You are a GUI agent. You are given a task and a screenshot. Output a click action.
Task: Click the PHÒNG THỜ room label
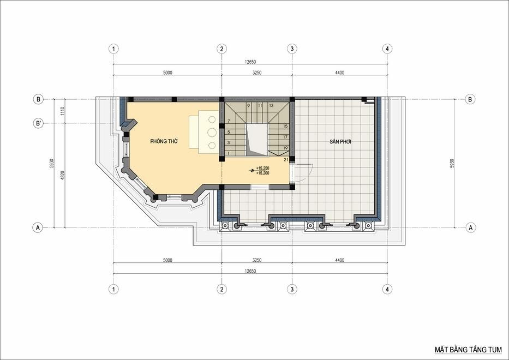[164, 141]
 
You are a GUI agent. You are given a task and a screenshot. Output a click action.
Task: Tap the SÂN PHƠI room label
[340, 141]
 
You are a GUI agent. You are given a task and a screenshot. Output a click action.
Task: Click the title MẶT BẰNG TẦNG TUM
[468, 350]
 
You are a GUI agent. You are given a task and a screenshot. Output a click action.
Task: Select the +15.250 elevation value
[262, 168]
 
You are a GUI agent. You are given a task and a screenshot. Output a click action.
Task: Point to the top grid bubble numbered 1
[113, 49]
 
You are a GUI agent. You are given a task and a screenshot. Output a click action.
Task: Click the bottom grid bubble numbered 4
[387, 289]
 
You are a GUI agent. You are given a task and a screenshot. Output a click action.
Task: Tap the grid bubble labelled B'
[38, 123]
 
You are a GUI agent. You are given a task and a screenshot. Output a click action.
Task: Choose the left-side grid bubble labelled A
[38, 227]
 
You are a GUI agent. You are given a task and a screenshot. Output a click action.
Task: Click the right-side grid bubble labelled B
[470, 99]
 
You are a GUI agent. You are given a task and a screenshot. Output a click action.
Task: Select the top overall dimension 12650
[250, 62]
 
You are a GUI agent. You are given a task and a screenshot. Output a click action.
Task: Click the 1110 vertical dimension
[63, 111]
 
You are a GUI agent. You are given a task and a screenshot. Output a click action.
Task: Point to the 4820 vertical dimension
[63, 176]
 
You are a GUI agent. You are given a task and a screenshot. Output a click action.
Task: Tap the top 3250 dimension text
[257, 73]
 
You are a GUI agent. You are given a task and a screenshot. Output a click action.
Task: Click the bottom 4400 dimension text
[339, 260]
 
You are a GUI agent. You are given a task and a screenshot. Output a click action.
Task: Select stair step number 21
[286, 159]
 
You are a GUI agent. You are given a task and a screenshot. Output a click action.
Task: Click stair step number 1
[229, 153]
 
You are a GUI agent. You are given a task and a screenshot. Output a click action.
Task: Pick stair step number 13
[271, 105]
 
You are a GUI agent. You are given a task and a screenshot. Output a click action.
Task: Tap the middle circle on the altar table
[212, 133]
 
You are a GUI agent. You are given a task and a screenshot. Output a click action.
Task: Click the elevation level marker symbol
[251, 170]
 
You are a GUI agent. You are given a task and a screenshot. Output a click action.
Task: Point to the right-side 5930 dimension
[452, 163]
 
